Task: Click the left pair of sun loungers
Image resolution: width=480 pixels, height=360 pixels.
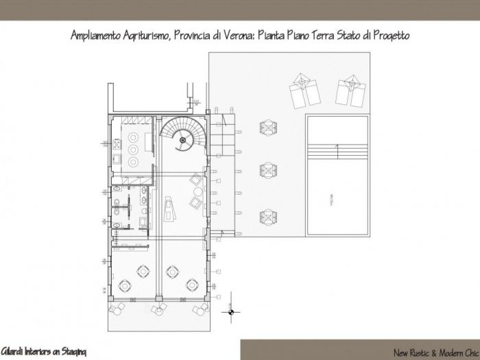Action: pos(302,90)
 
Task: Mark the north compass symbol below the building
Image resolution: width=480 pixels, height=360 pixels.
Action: pos(232,313)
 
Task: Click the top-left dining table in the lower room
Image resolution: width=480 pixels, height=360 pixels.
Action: pos(143,269)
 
